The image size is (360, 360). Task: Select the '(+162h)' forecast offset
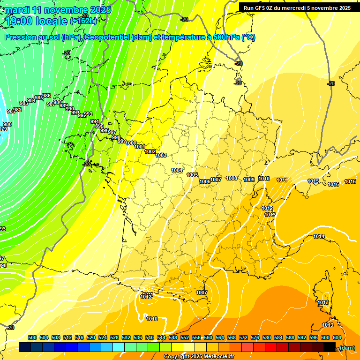click(x=83, y=21)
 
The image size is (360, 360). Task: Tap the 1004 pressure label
click(x=177, y=170)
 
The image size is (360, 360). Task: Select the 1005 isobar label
click(x=192, y=175)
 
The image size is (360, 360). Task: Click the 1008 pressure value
click(x=232, y=178)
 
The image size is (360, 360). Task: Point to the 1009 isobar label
click(x=249, y=180)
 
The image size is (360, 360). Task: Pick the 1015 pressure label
click(x=313, y=181)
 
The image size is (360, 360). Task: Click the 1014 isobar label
click(x=319, y=236)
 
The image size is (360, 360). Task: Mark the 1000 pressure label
click(x=131, y=143)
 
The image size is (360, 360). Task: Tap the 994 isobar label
click(x=95, y=121)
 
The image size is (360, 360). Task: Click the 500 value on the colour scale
click(x=32, y=337)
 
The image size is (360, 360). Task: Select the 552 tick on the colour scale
click(x=185, y=337)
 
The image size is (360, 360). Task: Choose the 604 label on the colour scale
click(x=337, y=337)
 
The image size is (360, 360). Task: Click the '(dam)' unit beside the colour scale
click(x=347, y=348)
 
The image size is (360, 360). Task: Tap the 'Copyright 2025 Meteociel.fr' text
click(x=199, y=356)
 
